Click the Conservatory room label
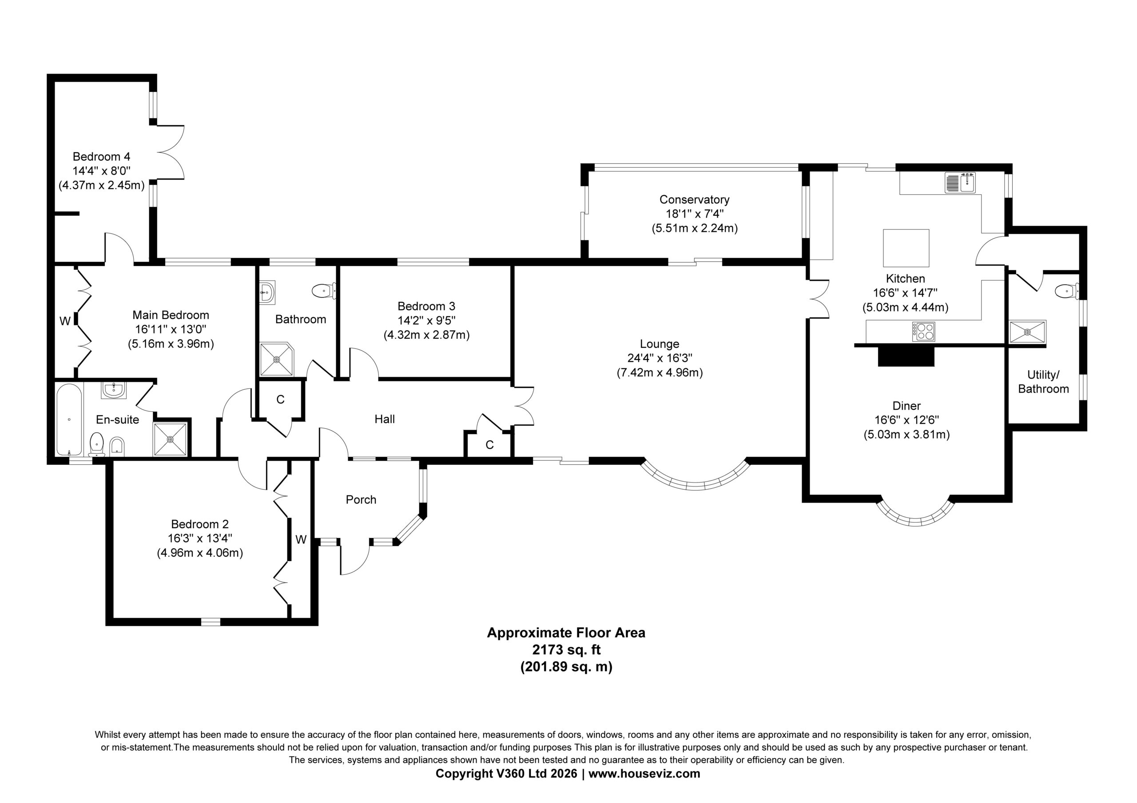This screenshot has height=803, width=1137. tap(694, 199)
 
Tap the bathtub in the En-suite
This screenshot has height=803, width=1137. tap(69, 420)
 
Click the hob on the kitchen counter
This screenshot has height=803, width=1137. tap(923, 331)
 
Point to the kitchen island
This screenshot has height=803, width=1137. tap(906, 248)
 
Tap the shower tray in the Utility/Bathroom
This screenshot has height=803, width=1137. tap(1028, 331)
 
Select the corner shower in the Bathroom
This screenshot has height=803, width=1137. tap(277, 359)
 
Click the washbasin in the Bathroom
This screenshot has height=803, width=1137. tap(267, 292)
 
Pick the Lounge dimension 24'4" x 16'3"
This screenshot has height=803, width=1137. tap(660, 358)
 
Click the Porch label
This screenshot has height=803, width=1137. tap(361, 499)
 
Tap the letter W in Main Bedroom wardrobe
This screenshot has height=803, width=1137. tap(65, 321)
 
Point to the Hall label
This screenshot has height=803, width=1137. tap(385, 419)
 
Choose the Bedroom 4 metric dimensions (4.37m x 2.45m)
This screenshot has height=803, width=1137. tap(102, 186)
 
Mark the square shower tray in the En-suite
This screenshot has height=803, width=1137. tap(171, 439)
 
